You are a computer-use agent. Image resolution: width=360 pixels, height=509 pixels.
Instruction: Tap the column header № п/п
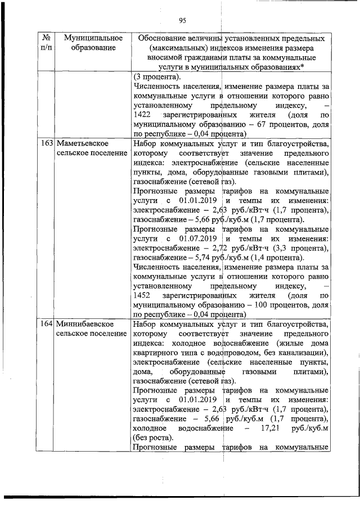45,43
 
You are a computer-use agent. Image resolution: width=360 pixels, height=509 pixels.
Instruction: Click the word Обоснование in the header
163,38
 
